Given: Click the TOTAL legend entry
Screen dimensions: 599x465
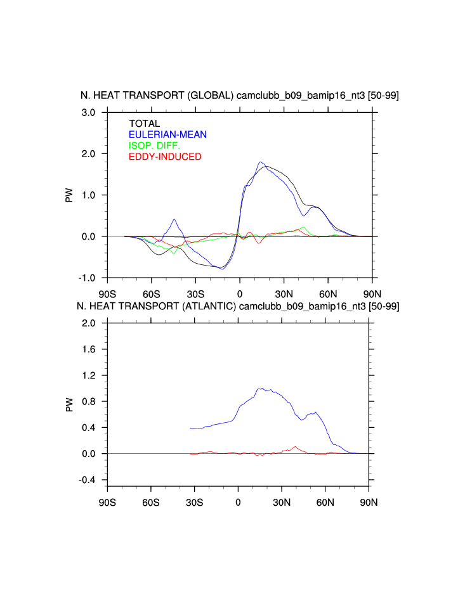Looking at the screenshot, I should click(145, 124).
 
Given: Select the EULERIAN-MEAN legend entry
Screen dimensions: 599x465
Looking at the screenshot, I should click(167, 134).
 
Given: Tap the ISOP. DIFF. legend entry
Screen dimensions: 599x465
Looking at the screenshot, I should click(154, 146).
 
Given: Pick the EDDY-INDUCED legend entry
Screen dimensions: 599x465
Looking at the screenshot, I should click(165, 157).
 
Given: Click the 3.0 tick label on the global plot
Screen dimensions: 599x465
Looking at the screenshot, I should click(89, 113).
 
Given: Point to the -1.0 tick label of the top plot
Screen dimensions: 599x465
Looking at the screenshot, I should click(88, 278).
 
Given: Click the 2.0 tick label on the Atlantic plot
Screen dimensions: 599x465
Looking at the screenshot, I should click(89, 323).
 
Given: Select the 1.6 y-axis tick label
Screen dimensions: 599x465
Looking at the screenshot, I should click(89, 349).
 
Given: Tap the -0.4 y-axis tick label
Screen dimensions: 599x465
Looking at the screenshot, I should click(88, 480).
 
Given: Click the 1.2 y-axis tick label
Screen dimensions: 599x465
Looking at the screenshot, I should click(89, 375).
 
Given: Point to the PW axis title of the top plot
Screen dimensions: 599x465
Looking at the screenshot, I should click(69, 195).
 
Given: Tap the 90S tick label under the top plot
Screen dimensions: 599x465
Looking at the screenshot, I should click(107, 294).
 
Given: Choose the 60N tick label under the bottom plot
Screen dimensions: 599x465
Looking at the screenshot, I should click(325, 503).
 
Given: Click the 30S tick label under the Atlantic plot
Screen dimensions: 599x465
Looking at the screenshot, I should click(194, 503).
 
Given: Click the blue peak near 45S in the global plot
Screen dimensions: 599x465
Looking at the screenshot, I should click(174, 219).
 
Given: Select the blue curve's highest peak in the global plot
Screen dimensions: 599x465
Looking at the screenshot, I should click(261, 162).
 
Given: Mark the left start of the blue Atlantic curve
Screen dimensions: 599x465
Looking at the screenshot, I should click(190, 429).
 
